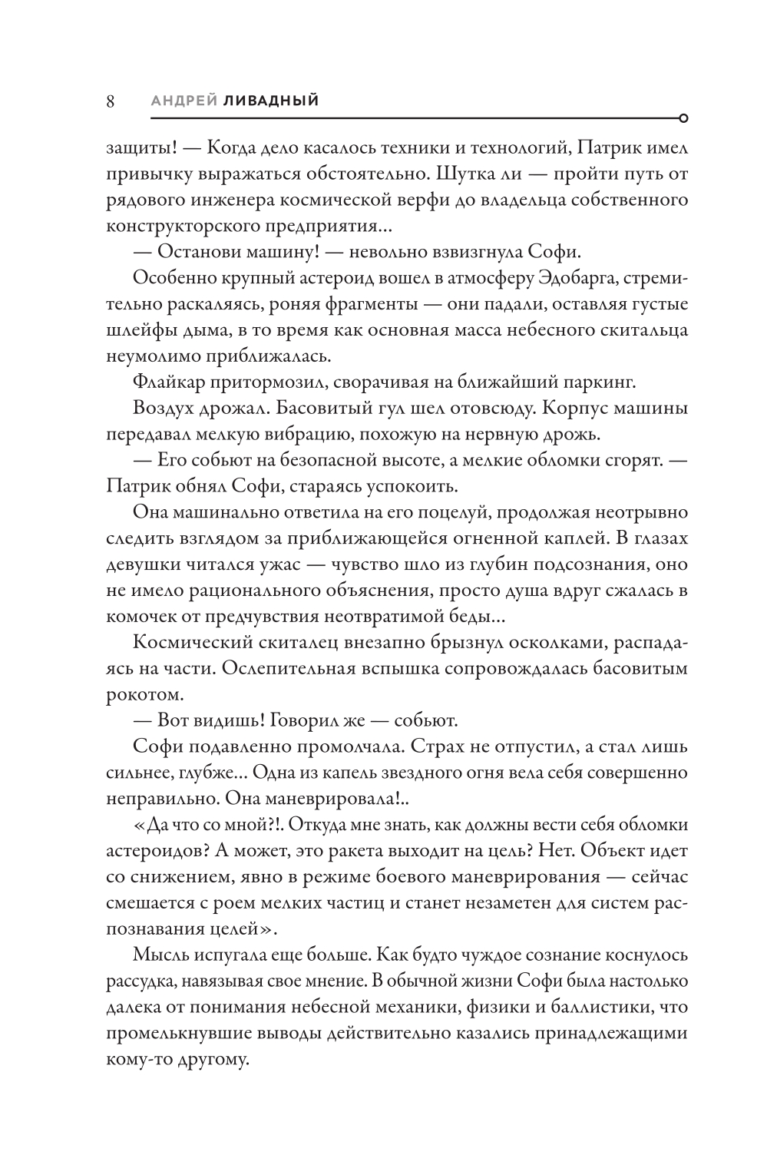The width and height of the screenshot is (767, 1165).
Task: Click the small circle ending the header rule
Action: point(683,118)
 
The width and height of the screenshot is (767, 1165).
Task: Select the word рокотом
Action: point(134,696)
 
